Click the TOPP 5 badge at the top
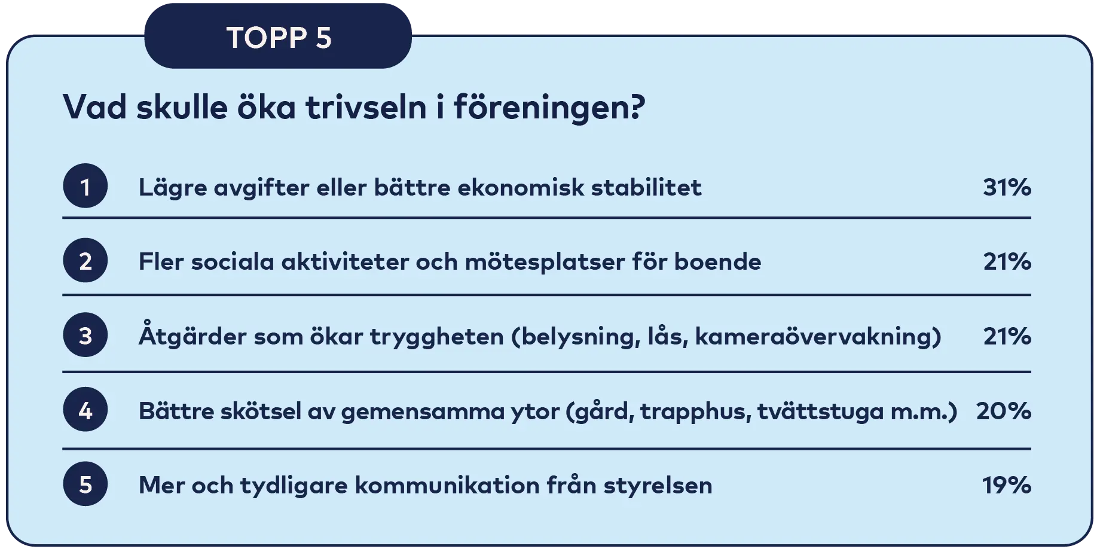click(x=278, y=38)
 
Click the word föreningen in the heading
click(x=549, y=108)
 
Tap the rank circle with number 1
click(x=85, y=187)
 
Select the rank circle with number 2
click(x=85, y=261)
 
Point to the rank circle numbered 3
click(x=85, y=336)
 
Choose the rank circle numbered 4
click(x=85, y=410)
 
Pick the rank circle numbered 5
click(x=85, y=484)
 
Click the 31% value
click(x=1007, y=188)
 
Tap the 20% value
click(x=1003, y=411)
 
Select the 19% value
click(x=1007, y=485)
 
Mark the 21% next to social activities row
click(x=1007, y=262)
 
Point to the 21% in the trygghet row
click(x=1007, y=337)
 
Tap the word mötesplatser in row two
click(x=544, y=262)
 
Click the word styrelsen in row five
click(x=658, y=486)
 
